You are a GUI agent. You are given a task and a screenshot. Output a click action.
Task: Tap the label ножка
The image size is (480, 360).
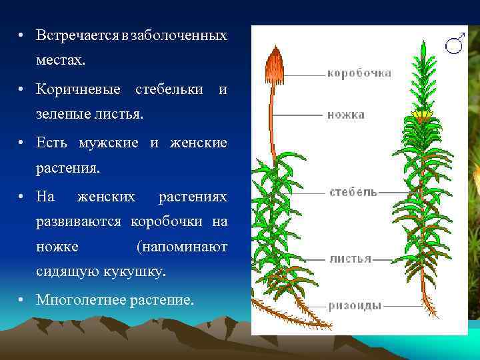[345, 115]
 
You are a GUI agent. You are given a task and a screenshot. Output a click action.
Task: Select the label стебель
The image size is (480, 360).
[353, 192]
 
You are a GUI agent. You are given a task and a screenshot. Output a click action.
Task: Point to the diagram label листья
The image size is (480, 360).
[350, 259]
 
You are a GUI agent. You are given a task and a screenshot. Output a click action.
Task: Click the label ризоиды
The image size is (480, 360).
[355, 306]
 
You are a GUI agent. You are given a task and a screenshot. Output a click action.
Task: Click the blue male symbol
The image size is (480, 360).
[455, 43]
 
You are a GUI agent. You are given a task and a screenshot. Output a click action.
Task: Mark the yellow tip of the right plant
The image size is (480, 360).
[421, 116]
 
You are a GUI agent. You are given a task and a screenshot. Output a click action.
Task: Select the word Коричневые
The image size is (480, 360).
[78, 89]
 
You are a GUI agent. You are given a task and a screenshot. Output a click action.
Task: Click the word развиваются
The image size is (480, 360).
[81, 221]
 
